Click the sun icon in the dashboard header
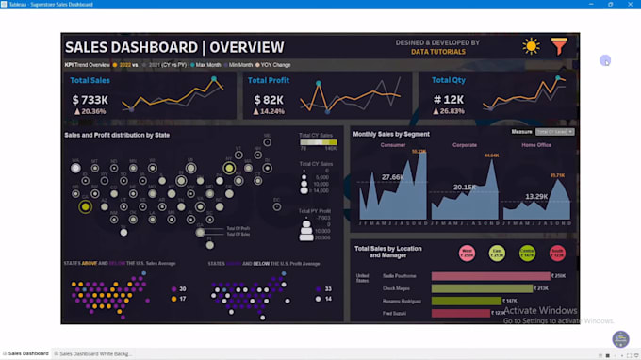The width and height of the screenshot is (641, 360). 532,45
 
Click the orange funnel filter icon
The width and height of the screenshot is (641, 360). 559,45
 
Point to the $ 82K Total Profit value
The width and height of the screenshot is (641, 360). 265,99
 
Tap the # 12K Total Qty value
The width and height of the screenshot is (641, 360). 449,99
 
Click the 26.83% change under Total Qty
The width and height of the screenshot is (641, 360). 452,110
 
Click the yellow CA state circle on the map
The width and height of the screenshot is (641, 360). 85,206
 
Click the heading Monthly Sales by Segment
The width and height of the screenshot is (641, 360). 391,134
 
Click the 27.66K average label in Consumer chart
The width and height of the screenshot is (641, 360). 393,177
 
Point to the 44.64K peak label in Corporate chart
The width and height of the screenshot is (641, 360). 491,155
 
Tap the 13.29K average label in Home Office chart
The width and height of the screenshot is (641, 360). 536,196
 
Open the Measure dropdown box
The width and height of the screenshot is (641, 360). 554,132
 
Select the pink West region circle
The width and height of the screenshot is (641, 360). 466,253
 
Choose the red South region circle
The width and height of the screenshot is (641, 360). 557,253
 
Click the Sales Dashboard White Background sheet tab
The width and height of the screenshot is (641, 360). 94,353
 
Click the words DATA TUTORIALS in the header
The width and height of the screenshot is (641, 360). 437,52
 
